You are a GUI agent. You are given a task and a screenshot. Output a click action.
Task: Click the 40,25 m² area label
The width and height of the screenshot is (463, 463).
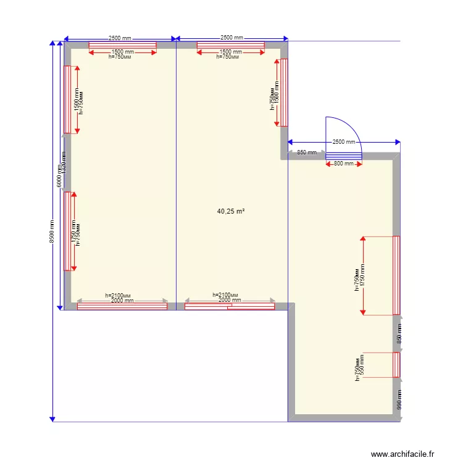[231, 211]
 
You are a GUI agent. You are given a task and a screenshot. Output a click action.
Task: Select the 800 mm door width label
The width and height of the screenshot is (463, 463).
[344, 164]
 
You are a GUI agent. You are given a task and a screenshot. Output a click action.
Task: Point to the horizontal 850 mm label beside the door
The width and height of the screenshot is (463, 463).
[306, 152]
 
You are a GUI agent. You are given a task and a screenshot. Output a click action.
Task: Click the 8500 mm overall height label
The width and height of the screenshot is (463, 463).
[52, 232]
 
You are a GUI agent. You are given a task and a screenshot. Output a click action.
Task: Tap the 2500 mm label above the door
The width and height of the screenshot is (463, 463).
[344, 142]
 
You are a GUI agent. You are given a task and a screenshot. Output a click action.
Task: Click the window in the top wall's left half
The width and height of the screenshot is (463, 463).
[122, 45]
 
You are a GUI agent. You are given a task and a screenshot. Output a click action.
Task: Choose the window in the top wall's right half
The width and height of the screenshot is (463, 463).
[230, 45]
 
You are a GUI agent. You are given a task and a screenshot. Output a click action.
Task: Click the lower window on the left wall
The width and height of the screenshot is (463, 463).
[67, 231]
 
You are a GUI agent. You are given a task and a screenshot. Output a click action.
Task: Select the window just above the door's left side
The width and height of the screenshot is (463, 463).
[284, 93]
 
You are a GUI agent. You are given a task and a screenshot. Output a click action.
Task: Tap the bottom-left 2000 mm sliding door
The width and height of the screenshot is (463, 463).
[122, 306]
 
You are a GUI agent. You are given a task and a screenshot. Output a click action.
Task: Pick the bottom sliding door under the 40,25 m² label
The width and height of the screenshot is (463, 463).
[230, 306]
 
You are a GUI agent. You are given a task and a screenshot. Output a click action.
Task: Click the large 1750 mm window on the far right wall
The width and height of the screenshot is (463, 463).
[396, 275]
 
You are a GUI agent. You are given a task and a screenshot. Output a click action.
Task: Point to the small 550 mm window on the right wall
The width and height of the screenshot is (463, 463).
[396, 364]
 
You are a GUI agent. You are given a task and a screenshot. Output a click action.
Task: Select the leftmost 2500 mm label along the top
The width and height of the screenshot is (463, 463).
[120, 38]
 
